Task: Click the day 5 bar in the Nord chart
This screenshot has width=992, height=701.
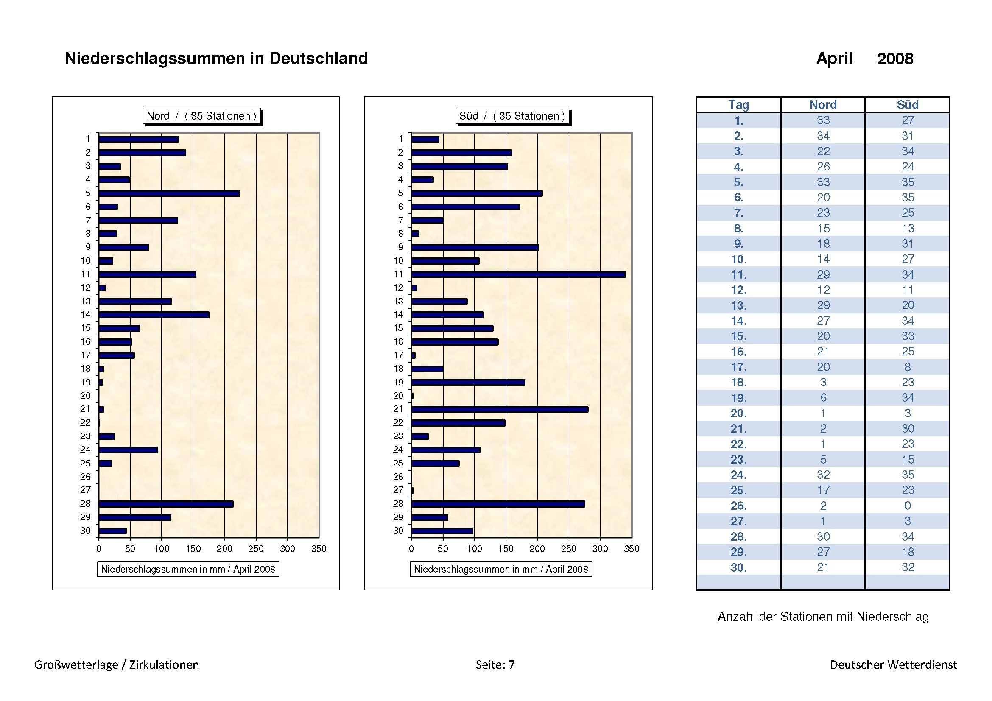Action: click(x=169, y=193)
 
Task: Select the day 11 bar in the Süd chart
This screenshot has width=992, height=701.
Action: click(x=518, y=274)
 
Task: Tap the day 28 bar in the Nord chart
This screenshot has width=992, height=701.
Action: click(x=166, y=504)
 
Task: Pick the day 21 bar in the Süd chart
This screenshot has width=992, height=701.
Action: click(x=500, y=410)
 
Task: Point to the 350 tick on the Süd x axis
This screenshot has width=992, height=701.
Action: click(x=631, y=549)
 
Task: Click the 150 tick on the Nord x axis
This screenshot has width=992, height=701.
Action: click(x=193, y=549)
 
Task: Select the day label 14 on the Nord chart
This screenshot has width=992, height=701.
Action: click(x=86, y=314)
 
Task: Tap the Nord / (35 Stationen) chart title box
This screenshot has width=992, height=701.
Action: click(x=202, y=116)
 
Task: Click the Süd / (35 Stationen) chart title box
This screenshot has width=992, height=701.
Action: click(x=512, y=116)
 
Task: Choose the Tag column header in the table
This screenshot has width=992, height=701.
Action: click(x=738, y=105)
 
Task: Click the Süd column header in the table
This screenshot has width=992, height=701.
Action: click(x=907, y=105)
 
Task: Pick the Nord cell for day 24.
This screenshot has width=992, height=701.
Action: click(x=823, y=475)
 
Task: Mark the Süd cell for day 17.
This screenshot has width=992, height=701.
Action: click(x=907, y=367)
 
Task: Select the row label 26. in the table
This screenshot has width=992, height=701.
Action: click(x=738, y=506)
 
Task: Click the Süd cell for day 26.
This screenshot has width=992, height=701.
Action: click(x=907, y=506)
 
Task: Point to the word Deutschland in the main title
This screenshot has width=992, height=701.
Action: click(x=319, y=58)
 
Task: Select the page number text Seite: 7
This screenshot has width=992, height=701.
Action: click(x=495, y=664)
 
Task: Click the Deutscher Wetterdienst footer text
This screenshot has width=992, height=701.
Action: click(x=893, y=664)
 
